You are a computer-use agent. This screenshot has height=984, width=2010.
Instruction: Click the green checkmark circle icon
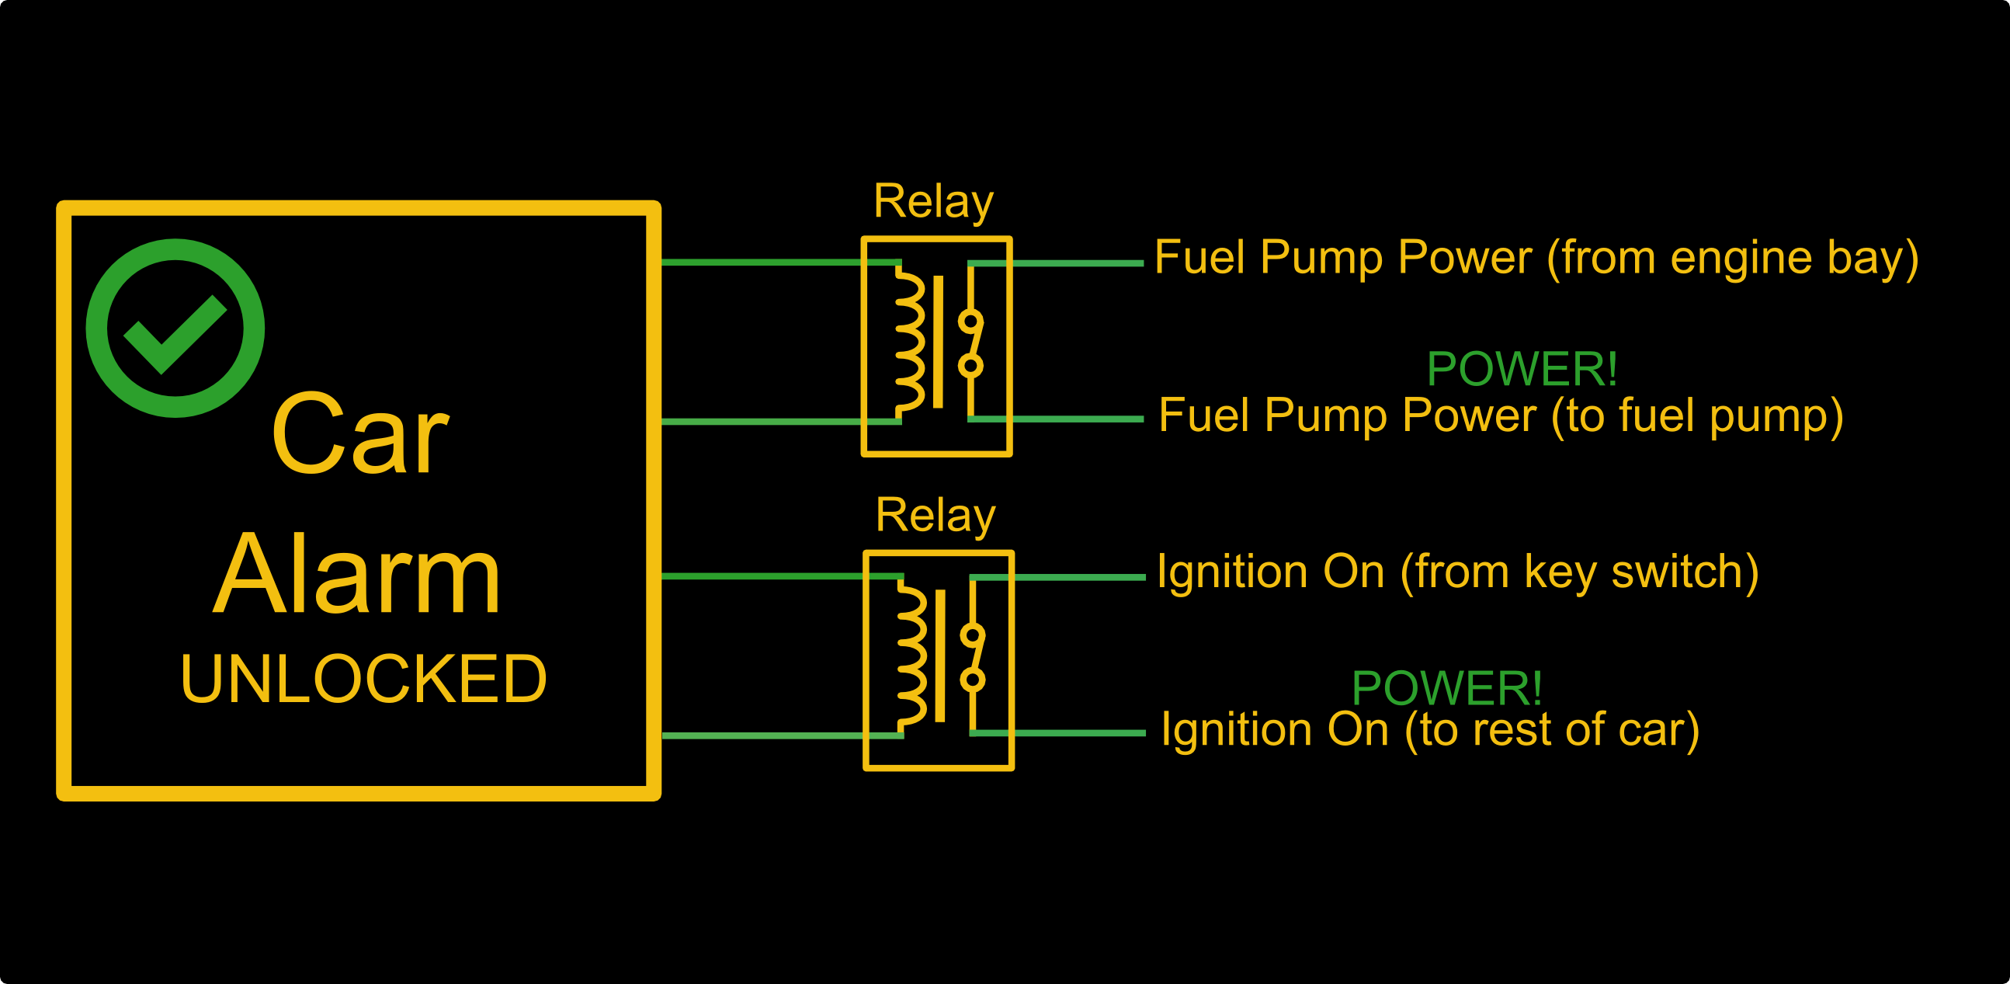pyautogui.click(x=175, y=328)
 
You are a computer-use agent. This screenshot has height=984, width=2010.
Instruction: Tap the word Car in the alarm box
pyautogui.click(x=359, y=434)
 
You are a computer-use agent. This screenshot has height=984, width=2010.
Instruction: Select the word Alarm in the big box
pyautogui.click(x=356, y=575)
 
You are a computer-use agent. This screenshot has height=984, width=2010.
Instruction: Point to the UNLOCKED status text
pyautogui.click(x=363, y=679)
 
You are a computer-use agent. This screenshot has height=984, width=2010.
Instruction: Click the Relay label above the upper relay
pyautogui.click(x=933, y=202)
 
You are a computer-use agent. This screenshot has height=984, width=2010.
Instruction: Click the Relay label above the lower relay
pyautogui.click(x=936, y=516)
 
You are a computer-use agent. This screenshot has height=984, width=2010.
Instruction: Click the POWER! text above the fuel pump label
pyautogui.click(x=1522, y=369)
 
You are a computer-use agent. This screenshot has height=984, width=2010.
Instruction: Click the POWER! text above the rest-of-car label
pyautogui.click(x=1446, y=688)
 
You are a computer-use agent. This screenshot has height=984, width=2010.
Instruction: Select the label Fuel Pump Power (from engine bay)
pyautogui.click(x=1536, y=258)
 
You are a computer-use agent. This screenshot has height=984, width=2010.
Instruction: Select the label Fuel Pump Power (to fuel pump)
pyautogui.click(x=1501, y=416)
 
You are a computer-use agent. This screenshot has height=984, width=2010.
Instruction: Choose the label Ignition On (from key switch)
pyautogui.click(x=1457, y=572)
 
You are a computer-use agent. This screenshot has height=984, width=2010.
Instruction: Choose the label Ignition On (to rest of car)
pyautogui.click(x=1429, y=729)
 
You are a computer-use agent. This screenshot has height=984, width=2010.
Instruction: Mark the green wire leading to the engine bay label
pyautogui.click(x=1077, y=264)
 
